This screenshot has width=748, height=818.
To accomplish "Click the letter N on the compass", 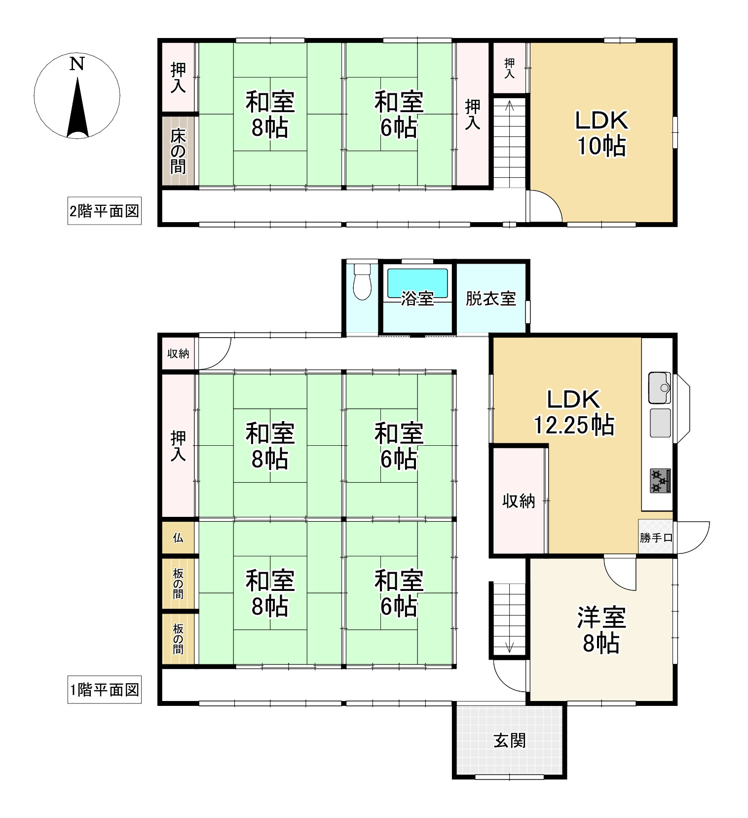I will pyautogui.click(x=76, y=64).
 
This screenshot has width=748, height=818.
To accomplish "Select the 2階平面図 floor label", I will pyautogui.click(x=104, y=211).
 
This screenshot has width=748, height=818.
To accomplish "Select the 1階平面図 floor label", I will pyautogui.click(x=104, y=690).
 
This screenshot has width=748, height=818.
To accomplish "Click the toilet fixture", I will pyautogui.click(x=363, y=282).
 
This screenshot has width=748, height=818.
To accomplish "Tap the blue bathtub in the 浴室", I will pyautogui.click(x=417, y=283).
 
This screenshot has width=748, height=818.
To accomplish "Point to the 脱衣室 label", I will pyautogui.click(x=490, y=298).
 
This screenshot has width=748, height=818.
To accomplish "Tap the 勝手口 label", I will pyautogui.click(x=656, y=538).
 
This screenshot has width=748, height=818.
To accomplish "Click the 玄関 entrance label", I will pyautogui.click(x=510, y=740).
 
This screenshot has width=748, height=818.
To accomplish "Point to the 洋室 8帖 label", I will pyautogui.click(x=601, y=630).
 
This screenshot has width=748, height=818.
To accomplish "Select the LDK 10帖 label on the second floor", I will pyautogui.click(x=601, y=133).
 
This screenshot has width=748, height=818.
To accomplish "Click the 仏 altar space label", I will pyautogui.click(x=178, y=538).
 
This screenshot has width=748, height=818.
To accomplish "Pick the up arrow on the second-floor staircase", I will pyautogui.click(x=510, y=105).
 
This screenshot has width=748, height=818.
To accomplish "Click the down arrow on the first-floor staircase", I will pyautogui.click(x=510, y=647).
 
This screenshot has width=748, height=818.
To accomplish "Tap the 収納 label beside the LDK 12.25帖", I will pyautogui.click(x=519, y=501).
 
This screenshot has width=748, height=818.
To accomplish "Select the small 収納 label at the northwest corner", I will pyautogui.click(x=178, y=353).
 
